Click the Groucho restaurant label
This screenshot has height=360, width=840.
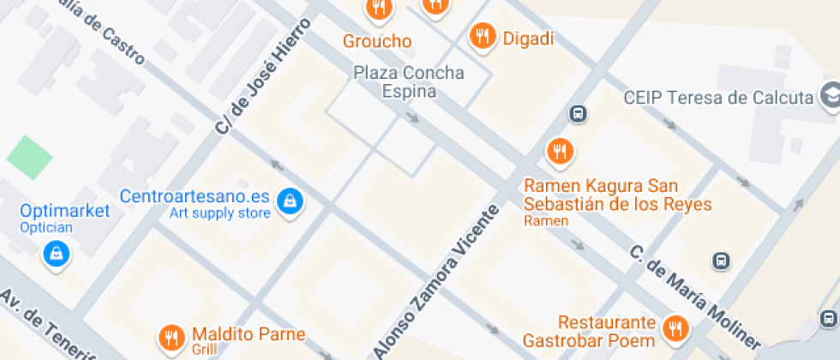[377, 41]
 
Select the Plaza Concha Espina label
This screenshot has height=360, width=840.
[409, 82]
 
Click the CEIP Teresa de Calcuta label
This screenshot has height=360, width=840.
[718, 97]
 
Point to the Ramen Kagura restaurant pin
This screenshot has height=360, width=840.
[560, 152]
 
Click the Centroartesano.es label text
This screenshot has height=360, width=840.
[195, 195]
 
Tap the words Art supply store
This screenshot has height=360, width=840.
[219, 213]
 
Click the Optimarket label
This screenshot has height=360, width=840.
[66, 211]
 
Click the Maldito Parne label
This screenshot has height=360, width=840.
[249, 334]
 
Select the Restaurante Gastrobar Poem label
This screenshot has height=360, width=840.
[607, 332]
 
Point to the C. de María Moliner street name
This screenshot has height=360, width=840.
[694, 296]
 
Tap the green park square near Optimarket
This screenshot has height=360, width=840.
[30, 157]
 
